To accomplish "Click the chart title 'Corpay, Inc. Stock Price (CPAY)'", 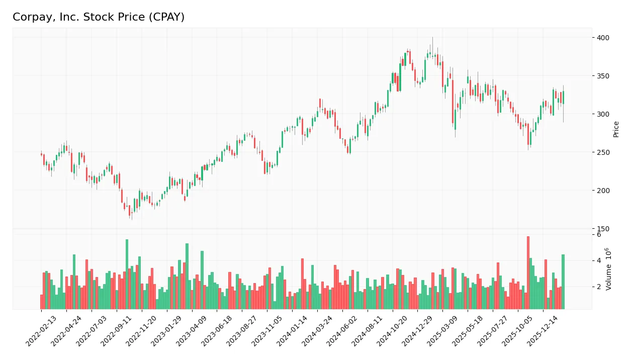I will [99, 17].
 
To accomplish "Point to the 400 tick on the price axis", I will [603, 38].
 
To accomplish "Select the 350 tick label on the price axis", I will [603, 76].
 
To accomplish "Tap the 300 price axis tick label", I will [603, 114].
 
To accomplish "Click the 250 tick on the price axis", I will [603, 152].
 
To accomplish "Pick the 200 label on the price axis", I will [603, 191].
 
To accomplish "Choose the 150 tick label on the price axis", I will [603, 229].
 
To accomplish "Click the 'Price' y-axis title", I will [616, 129].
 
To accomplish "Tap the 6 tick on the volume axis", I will [599, 235].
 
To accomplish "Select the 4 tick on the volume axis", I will [599, 260].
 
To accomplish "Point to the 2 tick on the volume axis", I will [599, 287].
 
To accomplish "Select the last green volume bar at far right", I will [563, 282].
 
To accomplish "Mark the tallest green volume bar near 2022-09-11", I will [127, 274].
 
